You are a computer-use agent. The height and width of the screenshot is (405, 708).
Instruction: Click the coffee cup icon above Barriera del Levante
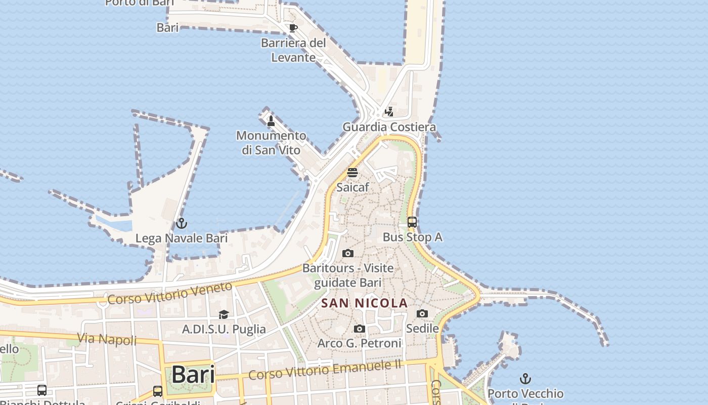pos(293,28)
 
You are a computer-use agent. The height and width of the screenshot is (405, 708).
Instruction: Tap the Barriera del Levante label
pos(293,50)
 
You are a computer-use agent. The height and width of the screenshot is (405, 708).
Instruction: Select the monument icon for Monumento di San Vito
pos(271,121)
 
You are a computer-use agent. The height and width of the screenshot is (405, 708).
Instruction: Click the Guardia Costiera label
pos(389,127)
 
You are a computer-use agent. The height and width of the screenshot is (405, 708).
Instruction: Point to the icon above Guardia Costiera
pos(389,112)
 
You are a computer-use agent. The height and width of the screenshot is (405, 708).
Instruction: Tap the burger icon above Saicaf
pos(352,173)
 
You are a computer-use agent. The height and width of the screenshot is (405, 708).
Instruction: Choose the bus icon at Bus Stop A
pos(412,222)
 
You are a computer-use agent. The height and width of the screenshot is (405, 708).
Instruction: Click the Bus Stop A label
pos(412,237)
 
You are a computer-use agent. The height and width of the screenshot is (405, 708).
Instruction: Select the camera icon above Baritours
pos(348,253)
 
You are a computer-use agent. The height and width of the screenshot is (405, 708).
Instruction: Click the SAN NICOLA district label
pos(365,303)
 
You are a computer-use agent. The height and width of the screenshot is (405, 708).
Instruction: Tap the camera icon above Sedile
pos(422,314)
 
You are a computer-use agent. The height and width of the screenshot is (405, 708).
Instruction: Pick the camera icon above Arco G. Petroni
pos(359,329)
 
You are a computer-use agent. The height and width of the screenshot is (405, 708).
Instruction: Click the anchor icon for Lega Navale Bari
pos(181,223)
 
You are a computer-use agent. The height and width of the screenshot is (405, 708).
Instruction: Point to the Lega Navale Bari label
pos(181,238)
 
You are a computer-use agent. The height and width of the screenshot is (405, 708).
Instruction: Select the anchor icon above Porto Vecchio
pos(525,379)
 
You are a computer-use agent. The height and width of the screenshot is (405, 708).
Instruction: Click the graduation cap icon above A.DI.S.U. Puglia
pos(224,315)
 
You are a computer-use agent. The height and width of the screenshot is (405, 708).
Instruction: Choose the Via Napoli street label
pos(107,339)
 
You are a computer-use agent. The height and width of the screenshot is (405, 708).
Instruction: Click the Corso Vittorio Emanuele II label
pos(325,370)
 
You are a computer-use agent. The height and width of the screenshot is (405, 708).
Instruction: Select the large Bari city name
pos(193,375)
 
